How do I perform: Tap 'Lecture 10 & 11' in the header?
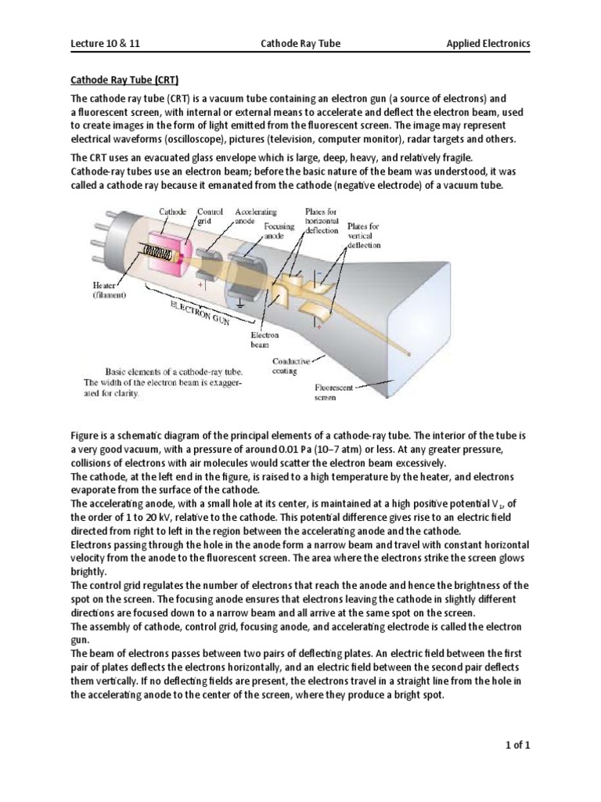pyautogui.click(x=103, y=44)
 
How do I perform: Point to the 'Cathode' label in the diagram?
pyautogui.click(x=173, y=211)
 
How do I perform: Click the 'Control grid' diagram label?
pyautogui.click(x=210, y=216)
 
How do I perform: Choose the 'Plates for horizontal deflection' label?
pyautogui.click(x=322, y=221)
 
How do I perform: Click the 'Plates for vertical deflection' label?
pyautogui.click(x=363, y=234)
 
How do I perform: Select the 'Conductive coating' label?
pyautogui.click(x=291, y=366)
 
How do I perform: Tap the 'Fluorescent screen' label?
pyautogui.click(x=335, y=392)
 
